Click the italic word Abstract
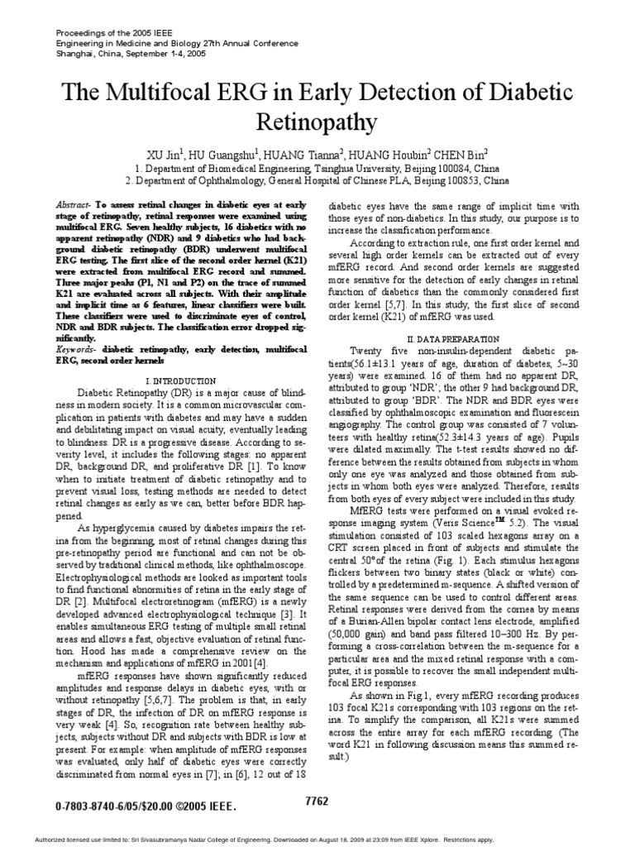tap(75, 204)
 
